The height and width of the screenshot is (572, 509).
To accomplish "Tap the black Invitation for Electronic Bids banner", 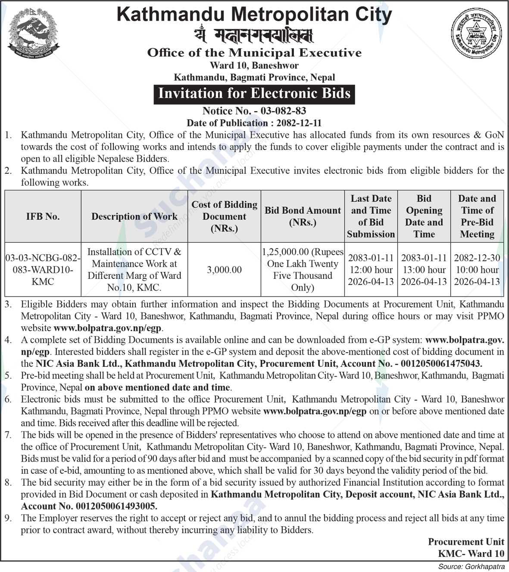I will coord(254,94).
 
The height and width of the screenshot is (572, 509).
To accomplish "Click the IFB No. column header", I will coord(43,216).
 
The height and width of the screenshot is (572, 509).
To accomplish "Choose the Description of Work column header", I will coord(134,216).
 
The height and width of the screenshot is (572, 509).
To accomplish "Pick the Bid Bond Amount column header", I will coord(303,216).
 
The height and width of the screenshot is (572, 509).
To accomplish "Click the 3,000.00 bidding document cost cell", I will coord(224,270).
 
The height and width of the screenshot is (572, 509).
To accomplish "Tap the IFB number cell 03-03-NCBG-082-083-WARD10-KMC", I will coord(43,270).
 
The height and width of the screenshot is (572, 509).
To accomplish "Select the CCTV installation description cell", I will coord(134,270).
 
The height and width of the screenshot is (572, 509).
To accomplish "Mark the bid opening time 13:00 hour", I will coord(424,270).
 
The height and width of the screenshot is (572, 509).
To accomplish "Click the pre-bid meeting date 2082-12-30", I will coord(477,258).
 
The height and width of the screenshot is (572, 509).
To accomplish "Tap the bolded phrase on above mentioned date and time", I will coord(158,387).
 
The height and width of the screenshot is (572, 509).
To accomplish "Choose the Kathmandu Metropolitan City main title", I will coord(254,15).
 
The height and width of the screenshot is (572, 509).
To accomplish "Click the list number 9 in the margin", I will coord(8,518).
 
